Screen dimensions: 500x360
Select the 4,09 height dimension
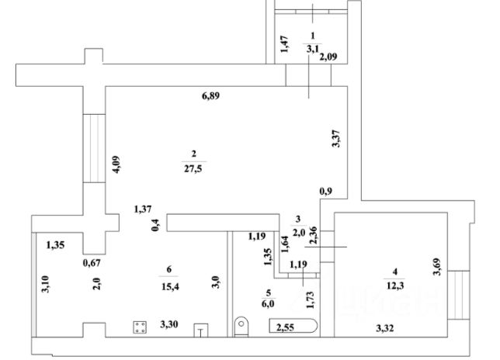[114, 164]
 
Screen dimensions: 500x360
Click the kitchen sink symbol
[200, 329]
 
